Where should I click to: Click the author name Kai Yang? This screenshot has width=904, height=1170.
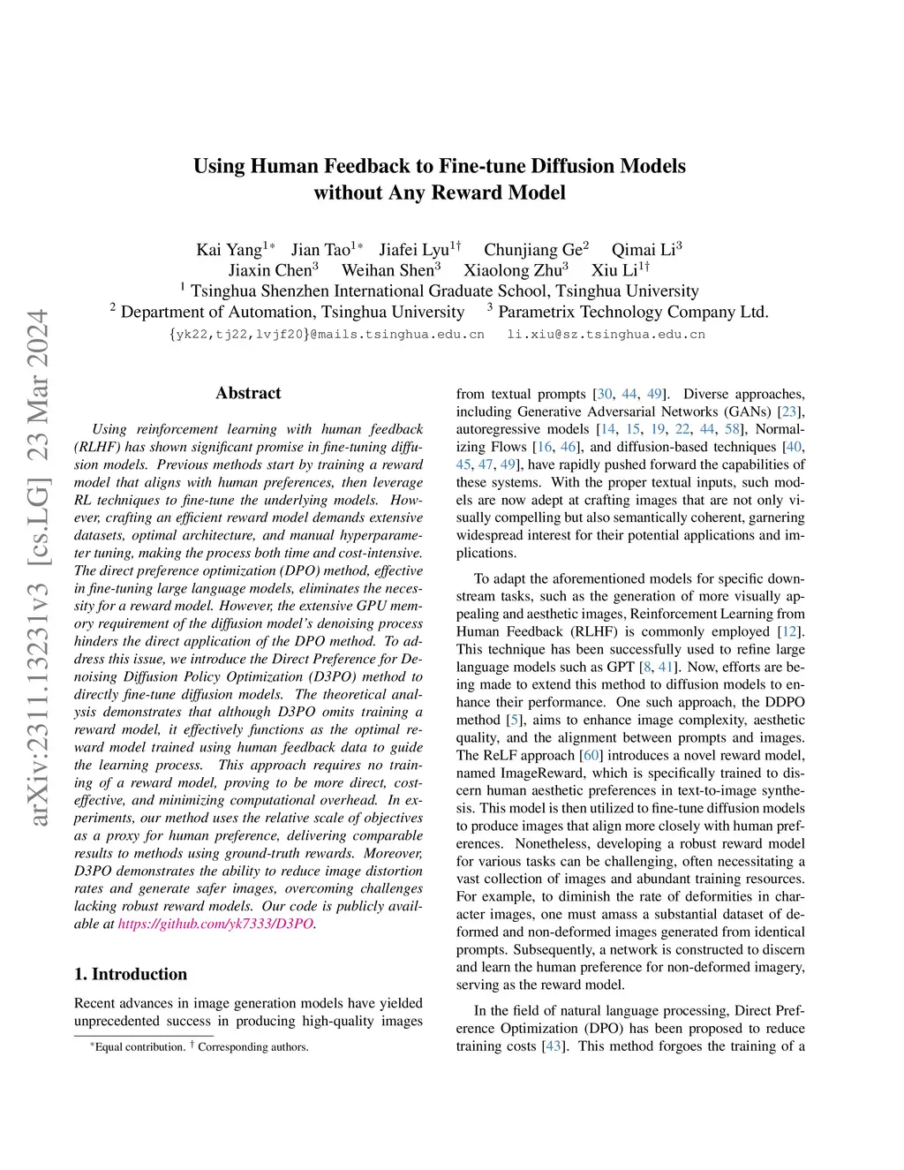coord(229,250)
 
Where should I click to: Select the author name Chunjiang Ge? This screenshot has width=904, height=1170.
coord(532,250)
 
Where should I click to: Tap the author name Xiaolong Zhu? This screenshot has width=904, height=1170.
coord(512,270)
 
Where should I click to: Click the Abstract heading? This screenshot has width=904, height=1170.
coord(248,394)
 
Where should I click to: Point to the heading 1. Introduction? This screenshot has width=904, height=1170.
coord(131,974)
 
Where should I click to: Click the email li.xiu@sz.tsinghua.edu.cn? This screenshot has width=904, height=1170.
coord(606,335)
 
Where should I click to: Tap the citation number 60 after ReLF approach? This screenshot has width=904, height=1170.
coord(591,755)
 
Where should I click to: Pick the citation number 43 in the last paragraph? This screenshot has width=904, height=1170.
coord(554,1046)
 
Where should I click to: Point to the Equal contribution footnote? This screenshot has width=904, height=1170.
coord(139,1047)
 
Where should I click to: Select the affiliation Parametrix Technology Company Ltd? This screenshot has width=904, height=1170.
coord(633,312)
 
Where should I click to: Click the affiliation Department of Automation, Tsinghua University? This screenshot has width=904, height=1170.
coord(292,312)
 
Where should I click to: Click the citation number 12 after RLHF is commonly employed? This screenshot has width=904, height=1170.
coord(790,631)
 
